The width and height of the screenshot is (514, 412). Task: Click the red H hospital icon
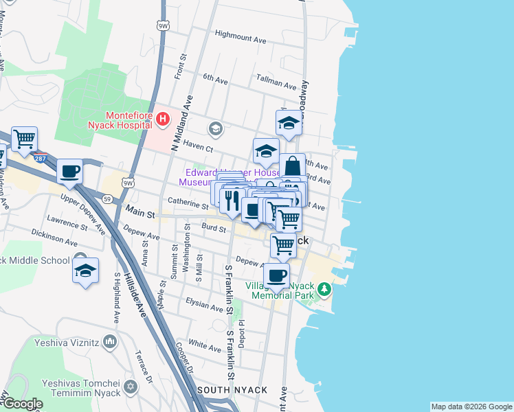163,120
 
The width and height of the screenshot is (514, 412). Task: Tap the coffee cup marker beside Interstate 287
69,172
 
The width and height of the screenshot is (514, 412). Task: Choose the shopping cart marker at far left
24,139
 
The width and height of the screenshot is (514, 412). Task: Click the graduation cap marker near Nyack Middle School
85,271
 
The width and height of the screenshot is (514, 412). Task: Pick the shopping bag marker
293,166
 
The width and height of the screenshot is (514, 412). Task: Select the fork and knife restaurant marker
232,200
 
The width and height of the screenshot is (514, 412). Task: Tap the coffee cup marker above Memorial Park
276,276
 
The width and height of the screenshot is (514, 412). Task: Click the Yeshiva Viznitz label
76,342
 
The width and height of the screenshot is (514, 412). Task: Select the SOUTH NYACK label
232,390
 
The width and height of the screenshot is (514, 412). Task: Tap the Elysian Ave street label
204,304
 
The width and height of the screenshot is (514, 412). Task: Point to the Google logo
22,404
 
